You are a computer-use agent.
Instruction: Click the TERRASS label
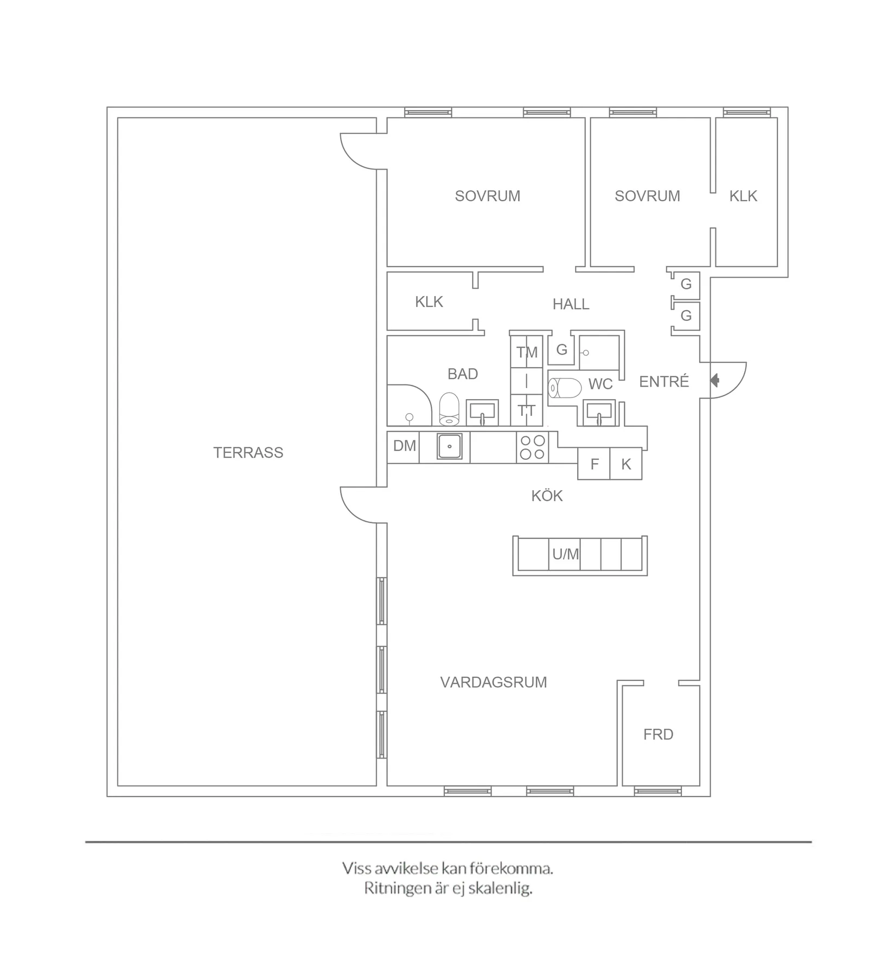tap(248, 452)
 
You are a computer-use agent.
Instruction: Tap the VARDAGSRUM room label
tap(493, 682)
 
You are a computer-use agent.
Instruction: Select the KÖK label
tap(547, 496)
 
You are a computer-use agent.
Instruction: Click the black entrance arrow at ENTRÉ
tap(715, 381)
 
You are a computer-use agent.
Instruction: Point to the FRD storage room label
tap(658, 734)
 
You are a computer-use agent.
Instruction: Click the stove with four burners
tap(532, 447)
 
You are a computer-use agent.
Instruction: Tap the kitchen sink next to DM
tap(449, 447)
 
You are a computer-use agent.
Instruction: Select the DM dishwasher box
tap(404, 446)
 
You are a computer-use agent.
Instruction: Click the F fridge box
tap(594, 464)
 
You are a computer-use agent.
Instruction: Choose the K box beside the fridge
tap(626, 464)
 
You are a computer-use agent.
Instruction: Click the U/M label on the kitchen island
tap(565, 554)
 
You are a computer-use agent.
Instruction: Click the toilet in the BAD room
tap(449, 409)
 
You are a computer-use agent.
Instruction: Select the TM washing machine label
tap(527, 352)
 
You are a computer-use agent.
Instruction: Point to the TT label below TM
tap(526, 410)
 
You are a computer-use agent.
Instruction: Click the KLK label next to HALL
tap(429, 301)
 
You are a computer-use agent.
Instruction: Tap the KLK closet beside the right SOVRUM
tap(743, 196)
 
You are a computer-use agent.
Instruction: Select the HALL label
tap(571, 304)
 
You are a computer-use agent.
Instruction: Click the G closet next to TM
tap(561, 350)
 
